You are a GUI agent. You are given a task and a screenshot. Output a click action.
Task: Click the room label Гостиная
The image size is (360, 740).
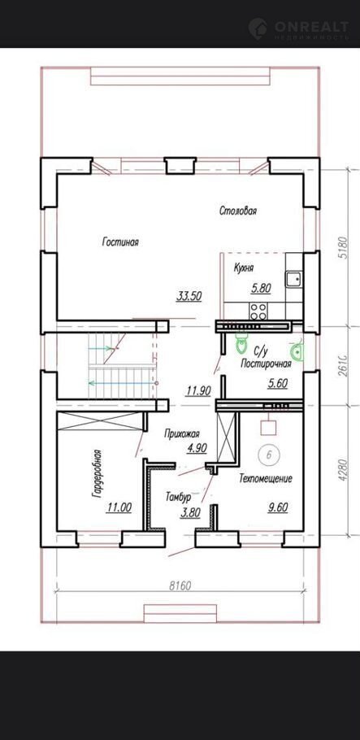pyautogui.click(x=120, y=242)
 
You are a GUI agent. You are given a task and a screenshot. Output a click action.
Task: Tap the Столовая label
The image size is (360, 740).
pyautogui.click(x=238, y=211)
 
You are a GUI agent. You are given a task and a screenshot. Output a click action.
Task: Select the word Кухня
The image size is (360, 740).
pyautogui.click(x=244, y=268)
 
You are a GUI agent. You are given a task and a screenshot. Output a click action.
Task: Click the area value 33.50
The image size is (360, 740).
pyautogui.click(x=189, y=296)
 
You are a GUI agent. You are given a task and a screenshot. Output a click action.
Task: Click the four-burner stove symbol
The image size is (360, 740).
pyautogui.click(x=258, y=311)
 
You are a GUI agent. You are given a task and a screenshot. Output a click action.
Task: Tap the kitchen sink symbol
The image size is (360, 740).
pyautogui.click(x=293, y=278)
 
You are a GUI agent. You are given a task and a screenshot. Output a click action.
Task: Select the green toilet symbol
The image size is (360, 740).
pyautogui.click(x=241, y=343)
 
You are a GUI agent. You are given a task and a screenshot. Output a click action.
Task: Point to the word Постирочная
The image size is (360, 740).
pyautogui.click(x=266, y=363)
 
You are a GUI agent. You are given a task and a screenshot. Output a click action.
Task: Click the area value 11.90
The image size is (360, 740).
pyautogui.click(x=198, y=390)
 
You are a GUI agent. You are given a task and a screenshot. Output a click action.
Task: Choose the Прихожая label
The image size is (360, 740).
pyautogui.click(x=183, y=433)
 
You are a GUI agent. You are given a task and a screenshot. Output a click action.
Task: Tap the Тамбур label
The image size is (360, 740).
pyautogui.click(x=178, y=497)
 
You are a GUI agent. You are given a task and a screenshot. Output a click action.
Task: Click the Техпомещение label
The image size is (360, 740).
pyautogui.click(x=266, y=478)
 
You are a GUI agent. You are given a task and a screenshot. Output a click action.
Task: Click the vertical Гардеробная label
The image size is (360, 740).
pyautogui.click(x=96, y=473)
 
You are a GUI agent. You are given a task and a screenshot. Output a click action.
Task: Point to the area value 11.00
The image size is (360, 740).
pyautogui.click(x=119, y=507)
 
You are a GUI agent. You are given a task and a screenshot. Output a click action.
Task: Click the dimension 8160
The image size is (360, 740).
pyautogui.click(x=180, y=586)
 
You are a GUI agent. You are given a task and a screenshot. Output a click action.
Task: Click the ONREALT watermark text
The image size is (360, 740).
pyautogui.click(x=311, y=25)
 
